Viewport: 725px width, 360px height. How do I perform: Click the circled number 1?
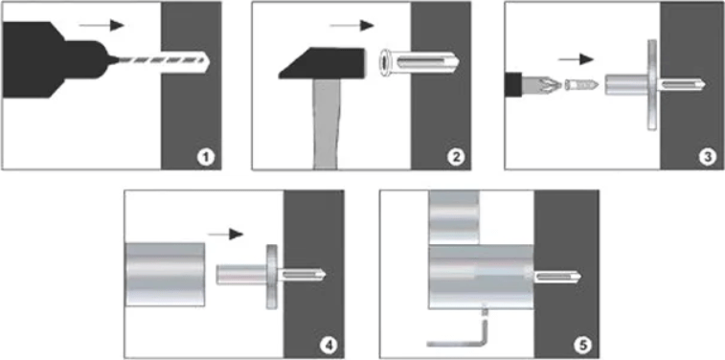tap(206, 158)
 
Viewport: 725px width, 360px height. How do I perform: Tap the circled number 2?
tap(456, 158)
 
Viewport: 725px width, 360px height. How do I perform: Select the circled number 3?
tap(708, 158)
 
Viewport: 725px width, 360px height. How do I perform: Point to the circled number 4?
tap(329, 347)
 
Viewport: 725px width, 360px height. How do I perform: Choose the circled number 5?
tap(582, 346)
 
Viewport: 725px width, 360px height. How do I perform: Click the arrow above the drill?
tap(102, 25)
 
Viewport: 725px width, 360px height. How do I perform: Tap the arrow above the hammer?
tap(351, 26)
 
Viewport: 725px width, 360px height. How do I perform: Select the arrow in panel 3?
tap(576, 59)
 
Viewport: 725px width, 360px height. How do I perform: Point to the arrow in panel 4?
tap(226, 235)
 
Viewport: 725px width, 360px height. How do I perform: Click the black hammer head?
tap(323, 63)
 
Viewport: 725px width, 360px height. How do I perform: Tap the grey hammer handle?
tap(327, 124)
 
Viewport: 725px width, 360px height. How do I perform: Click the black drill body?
tap(56, 59)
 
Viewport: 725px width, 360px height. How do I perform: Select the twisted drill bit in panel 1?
tap(163, 60)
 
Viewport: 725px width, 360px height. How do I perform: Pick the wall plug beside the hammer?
tap(419, 62)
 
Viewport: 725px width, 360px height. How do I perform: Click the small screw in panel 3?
tap(581, 85)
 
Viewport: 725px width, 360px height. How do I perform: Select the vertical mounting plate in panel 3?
tap(652, 84)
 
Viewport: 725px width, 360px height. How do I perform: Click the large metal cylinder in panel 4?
tap(165, 274)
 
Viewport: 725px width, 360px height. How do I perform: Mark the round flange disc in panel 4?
tap(272, 277)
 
